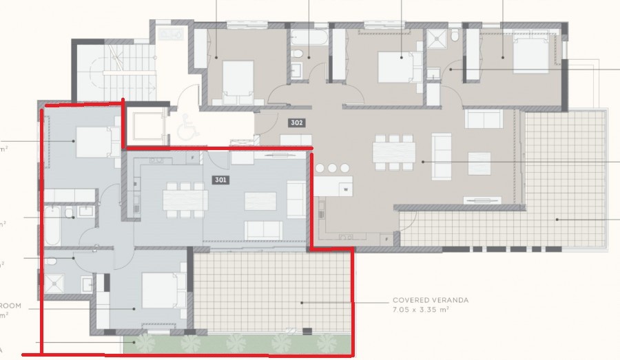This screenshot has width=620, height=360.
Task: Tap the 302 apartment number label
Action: point(297,123)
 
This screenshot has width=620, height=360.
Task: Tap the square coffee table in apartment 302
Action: point(479,163)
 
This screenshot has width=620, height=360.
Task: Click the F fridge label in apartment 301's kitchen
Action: point(194,158)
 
